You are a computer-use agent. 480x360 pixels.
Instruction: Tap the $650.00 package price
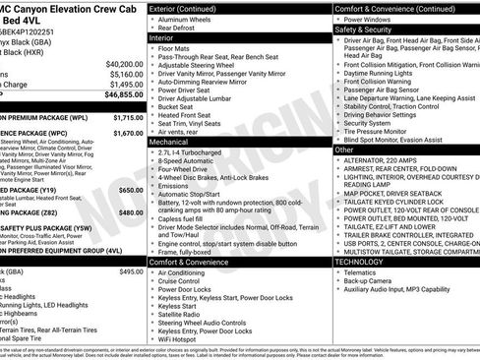tap(131, 189)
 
